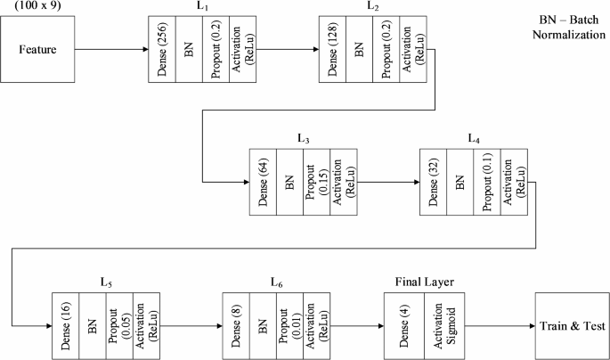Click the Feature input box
[x=38, y=49]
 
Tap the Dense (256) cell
[x=162, y=50]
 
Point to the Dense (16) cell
[x=66, y=325]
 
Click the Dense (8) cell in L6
[x=237, y=325]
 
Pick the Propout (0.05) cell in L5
[x=118, y=325]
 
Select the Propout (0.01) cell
[x=289, y=325]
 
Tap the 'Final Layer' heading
[x=424, y=282]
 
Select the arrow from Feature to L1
[x=111, y=49]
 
